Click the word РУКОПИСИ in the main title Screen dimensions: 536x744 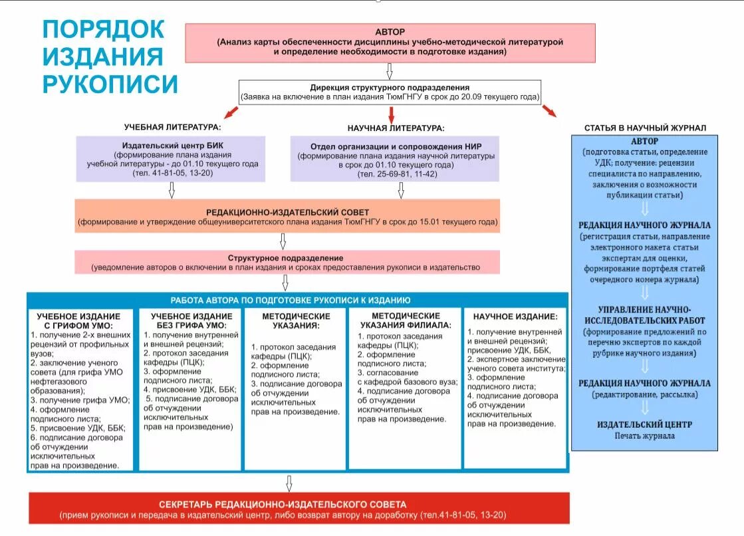(110, 84)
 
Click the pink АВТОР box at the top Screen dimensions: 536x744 (390, 42)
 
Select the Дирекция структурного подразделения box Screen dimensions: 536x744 (390, 92)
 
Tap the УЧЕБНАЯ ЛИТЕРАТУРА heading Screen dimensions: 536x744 (172, 127)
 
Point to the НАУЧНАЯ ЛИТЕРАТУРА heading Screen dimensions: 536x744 (396, 127)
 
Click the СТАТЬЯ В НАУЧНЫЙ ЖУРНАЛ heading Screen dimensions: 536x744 (645, 128)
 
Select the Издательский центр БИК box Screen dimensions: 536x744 (171, 159)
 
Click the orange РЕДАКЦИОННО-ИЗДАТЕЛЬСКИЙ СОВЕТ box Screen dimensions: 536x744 (287, 216)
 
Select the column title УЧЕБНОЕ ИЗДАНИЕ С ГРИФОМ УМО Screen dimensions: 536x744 (78, 321)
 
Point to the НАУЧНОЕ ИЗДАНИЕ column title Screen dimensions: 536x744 (515, 317)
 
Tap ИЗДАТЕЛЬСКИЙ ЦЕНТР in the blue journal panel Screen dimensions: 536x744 (644, 424)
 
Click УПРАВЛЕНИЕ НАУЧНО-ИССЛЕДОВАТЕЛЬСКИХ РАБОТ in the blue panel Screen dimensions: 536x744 (644, 315)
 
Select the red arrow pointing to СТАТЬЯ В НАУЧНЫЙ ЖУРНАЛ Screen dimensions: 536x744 (549, 111)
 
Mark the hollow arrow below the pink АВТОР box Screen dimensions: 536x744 (390, 71)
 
